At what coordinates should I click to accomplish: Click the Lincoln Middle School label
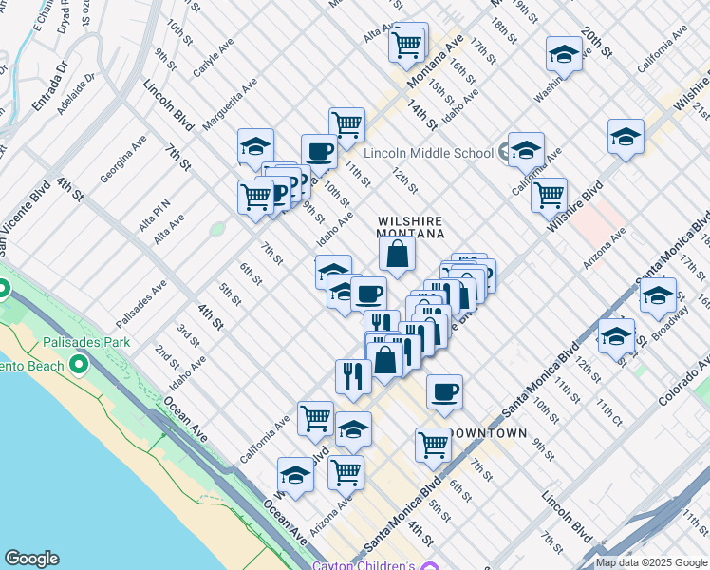tap(427, 153)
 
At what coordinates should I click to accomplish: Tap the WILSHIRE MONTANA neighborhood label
tap(411, 225)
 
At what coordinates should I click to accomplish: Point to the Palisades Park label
tap(86, 341)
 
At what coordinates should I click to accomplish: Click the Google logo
tap(31, 559)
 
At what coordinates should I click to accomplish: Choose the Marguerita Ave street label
tap(230, 104)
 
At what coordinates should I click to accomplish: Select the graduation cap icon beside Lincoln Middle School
tap(526, 150)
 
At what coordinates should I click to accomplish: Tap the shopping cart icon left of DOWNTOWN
tap(433, 444)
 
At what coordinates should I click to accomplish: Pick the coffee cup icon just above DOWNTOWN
tap(443, 392)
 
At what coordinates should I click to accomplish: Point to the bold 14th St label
tap(422, 115)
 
